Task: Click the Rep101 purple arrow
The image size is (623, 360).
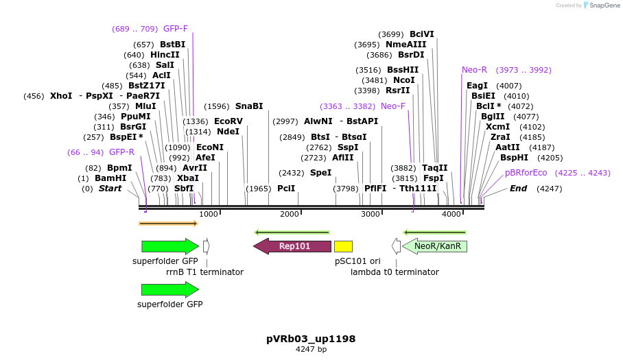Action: click(x=292, y=246)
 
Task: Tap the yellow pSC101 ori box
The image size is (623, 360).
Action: click(x=343, y=246)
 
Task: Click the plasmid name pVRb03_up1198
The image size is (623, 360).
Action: click(x=311, y=339)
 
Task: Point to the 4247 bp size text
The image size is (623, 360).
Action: click(x=311, y=350)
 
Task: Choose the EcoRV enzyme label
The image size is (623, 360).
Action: click(x=228, y=121)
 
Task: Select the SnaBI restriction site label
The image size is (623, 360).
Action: click(x=249, y=106)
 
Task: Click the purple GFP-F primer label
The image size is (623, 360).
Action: click(x=176, y=29)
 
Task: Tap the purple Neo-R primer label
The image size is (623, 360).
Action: click(x=474, y=70)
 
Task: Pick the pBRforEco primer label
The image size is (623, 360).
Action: click(x=526, y=173)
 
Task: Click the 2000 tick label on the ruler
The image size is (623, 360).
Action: click(x=290, y=215)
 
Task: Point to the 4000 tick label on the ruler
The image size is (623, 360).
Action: click(x=451, y=215)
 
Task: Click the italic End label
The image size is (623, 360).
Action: click(x=518, y=188)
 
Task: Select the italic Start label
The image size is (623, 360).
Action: click(x=110, y=188)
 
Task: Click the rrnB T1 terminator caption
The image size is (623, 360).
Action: click(x=204, y=272)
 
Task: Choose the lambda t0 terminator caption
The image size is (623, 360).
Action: click(x=395, y=272)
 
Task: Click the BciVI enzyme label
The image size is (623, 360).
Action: click(x=422, y=34)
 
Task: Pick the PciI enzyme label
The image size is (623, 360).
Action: click(x=286, y=188)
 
